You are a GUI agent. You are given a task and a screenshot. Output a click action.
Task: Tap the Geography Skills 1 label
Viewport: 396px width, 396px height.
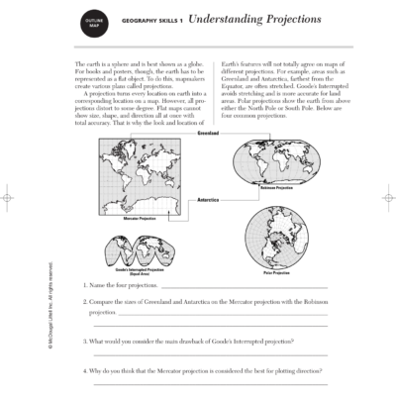(151, 21)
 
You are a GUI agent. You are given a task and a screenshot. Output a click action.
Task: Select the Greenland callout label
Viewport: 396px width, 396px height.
(208, 132)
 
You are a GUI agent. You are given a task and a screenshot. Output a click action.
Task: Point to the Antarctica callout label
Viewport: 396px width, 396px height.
(208, 199)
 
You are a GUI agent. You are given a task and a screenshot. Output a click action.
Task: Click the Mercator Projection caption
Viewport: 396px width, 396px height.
(141, 218)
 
